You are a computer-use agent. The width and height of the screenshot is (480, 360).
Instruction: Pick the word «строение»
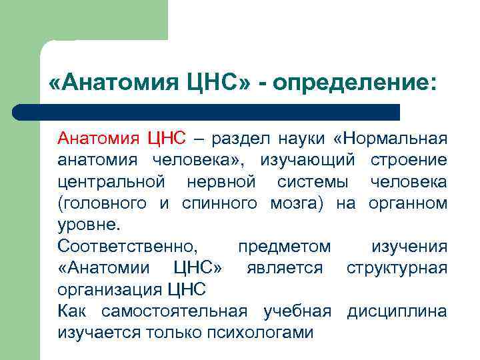point(409,161)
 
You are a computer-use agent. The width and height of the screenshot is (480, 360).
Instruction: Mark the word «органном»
point(407,203)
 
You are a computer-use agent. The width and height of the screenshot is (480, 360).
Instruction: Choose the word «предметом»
point(284,247)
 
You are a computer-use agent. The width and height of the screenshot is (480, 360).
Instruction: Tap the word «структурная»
point(397,268)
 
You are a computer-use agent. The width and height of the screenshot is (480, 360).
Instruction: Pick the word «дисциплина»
point(397,311)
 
